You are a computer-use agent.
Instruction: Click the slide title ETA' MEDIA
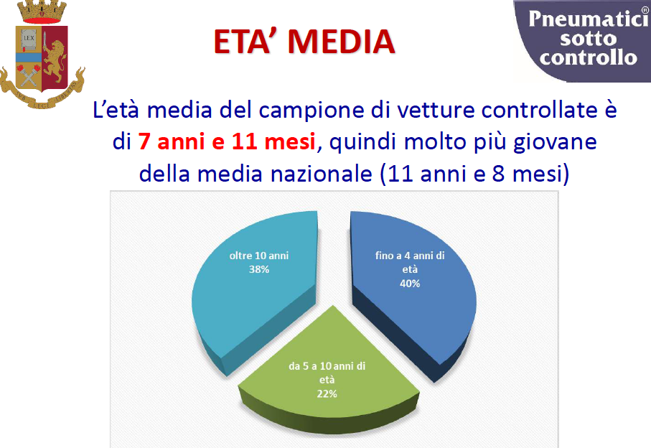(x=304, y=42)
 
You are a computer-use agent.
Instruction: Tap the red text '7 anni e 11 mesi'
(x=227, y=141)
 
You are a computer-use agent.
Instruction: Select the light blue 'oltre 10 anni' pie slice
(x=253, y=286)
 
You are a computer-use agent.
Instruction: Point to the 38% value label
(x=259, y=269)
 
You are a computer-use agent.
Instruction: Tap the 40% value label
(x=410, y=284)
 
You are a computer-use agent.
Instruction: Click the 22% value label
(x=327, y=393)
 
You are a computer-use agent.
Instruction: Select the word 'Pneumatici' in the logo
(x=588, y=19)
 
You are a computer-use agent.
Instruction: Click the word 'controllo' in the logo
(x=589, y=57)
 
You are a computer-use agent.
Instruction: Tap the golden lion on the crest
(x=55, y=57)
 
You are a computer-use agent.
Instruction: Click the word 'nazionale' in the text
(x=322, y=174)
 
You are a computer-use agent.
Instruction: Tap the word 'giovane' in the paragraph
(x=555, y=142)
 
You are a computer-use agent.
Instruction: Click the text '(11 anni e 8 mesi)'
(x=474, y=174)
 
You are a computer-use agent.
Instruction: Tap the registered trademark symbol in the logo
(x=645, y=11)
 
